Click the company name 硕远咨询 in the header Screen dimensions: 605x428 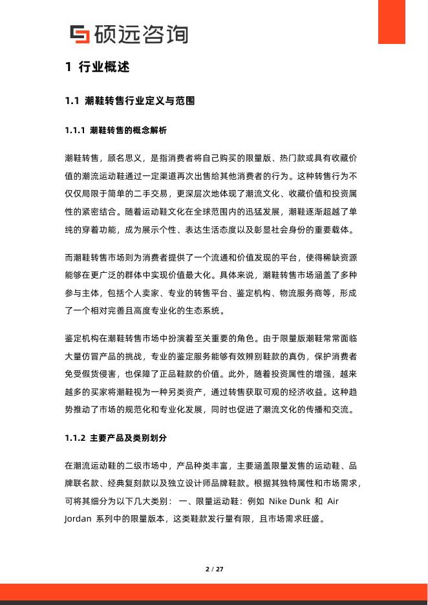coord(140,34)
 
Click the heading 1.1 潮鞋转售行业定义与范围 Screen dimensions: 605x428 coord(130,101)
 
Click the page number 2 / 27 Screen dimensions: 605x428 coord(214,569)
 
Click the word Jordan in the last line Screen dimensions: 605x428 coord(78,518)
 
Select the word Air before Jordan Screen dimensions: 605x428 coord(333,501)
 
